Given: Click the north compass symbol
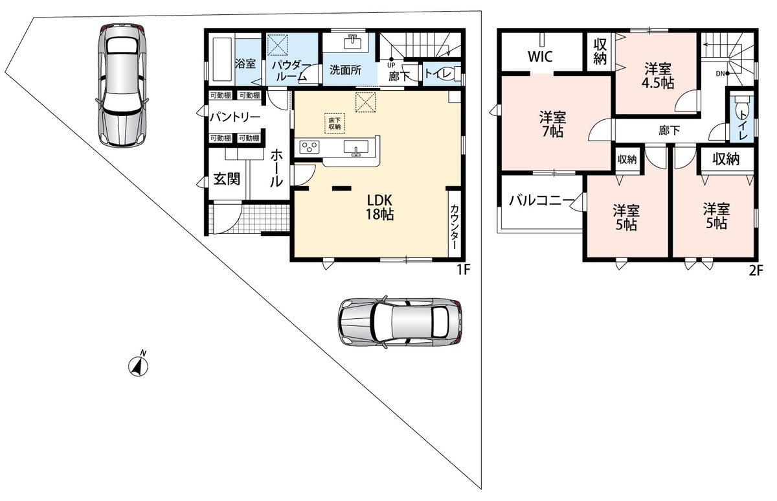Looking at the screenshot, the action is (139, 366).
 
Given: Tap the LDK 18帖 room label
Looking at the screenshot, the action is (380, 207).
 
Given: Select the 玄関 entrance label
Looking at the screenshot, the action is (227, 179).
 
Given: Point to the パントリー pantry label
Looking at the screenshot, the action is (235, 117).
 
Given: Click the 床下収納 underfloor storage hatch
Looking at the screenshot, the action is (335, 124).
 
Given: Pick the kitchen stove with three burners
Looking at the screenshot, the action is (310, 146).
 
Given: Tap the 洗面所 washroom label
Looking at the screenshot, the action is (346, 70).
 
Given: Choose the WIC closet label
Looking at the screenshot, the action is (540, 56).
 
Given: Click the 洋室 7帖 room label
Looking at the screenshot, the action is (552, 124).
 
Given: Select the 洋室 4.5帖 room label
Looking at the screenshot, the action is (658, 76).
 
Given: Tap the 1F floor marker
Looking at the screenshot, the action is (463, 270).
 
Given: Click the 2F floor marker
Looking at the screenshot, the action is (756, 270).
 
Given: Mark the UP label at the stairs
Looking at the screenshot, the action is (391, 65).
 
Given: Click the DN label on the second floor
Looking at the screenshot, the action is (720, 74).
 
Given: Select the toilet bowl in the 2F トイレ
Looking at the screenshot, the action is (741, 103).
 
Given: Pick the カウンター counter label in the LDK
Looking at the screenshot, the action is (455, 227).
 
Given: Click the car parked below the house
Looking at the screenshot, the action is (400, 321).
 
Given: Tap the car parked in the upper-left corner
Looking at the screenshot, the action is (122, 86).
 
